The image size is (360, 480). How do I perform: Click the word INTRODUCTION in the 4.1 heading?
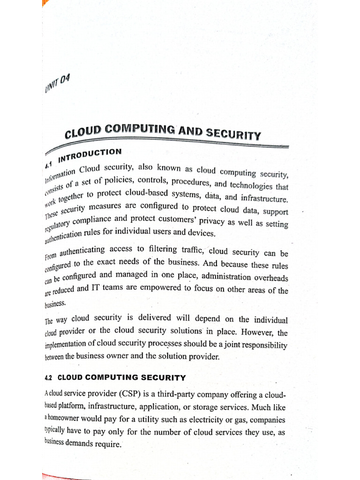(90, 154)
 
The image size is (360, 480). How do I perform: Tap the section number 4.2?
(50, 377)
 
